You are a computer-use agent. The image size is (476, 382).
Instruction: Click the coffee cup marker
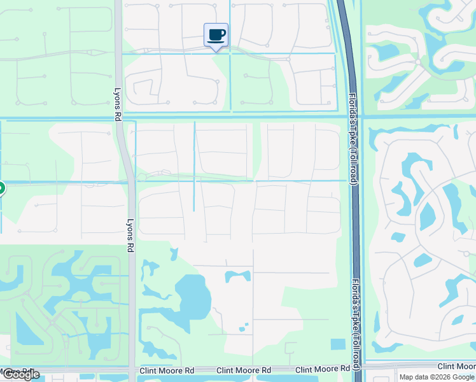pos(216,34)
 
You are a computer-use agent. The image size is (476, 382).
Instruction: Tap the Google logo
pos(20,374)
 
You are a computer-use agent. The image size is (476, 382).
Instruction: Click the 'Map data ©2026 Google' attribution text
pos(437,377)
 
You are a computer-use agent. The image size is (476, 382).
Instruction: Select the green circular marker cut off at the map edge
pos(1,188)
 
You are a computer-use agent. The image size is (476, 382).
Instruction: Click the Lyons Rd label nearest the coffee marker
pos(118,104)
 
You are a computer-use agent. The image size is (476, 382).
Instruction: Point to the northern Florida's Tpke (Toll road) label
pos(352,139)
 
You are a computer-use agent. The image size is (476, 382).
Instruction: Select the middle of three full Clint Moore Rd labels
pos(244,370)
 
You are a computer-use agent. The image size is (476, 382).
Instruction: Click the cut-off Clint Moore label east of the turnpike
pos(456,366)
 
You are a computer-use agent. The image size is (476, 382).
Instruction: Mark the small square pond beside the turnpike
pos(338,344)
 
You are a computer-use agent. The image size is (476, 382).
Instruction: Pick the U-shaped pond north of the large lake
pos(237,276)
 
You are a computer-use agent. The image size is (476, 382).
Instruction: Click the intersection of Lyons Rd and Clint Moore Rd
pos(132,370)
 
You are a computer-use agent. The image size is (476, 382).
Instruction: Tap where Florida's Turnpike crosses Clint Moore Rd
pos(360,368)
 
